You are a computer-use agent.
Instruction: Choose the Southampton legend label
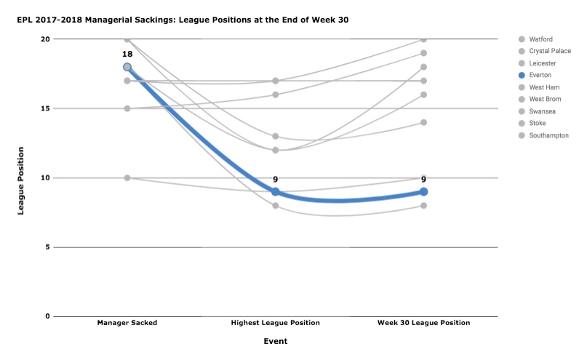click(x=543, y=135)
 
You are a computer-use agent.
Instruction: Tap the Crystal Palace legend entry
click(x=545, y=51)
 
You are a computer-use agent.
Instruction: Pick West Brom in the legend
click(x=540, y=99)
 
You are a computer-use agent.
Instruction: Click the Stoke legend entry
click(x=532, y=123)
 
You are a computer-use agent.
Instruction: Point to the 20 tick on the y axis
click(x=45, y=39)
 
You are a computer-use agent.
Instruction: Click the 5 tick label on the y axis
click(x=47, y=247)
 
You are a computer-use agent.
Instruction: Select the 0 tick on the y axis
click(x=47, y=316)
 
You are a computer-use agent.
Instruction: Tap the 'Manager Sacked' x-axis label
click(x=127, y=323)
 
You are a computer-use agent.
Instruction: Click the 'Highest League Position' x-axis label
click(x=276, y=323)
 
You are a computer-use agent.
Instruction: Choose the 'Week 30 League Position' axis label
click(x=423, y=323)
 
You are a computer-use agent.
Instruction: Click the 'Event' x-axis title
click(x=276, y=341)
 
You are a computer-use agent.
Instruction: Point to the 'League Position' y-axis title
click(x=20, y=181)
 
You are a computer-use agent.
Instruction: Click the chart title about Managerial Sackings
click(x=183, y=20)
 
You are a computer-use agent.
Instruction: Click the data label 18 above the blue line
click(x=127, y=54)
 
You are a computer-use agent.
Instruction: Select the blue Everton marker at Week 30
click(x=423, y=191)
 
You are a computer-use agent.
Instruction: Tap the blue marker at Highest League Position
click(x=276, y=191)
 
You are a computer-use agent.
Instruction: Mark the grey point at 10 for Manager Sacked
click(x=127, y=177)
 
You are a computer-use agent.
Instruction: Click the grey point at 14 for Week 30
click(x=423, y=122)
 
